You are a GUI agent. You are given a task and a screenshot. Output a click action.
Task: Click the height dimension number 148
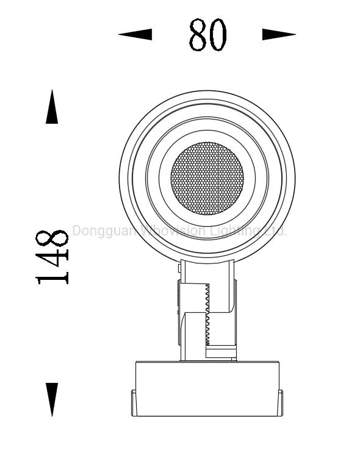point(52,257)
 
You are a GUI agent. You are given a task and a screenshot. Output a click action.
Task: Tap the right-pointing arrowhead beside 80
point(279,35)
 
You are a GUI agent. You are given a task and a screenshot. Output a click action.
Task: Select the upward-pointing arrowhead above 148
point(52,107)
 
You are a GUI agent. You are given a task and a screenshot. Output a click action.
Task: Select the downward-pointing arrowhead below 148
point(52,399)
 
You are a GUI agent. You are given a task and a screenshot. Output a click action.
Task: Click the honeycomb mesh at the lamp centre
point(207,178)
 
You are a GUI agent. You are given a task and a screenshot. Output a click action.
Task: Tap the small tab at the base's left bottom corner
point(134,404)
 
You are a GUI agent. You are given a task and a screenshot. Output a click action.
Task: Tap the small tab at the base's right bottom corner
point(280,404)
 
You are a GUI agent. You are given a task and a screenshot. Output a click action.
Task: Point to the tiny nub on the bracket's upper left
point(178,268)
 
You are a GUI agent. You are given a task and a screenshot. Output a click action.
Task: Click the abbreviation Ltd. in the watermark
point(275,231)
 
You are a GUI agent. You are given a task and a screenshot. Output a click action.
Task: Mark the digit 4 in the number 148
point(52,257)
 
